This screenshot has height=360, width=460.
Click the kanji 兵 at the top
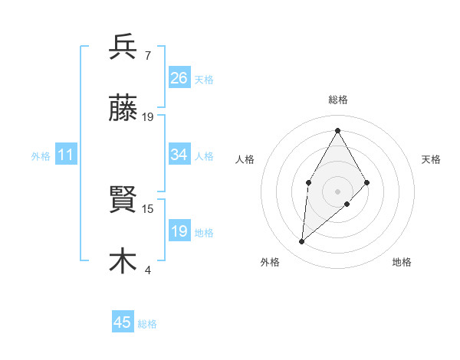click(x=123, y=47)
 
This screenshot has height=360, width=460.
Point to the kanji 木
click(x=123, y=260)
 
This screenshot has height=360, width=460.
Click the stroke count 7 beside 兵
click(x=147, y=56)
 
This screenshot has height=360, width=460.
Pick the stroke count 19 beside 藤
click(x=148, y=117)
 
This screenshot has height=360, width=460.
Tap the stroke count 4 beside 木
click(x=147, y=270)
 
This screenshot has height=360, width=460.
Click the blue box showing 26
click(x=179, y=78)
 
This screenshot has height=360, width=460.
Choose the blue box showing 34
click(x=179, y=155)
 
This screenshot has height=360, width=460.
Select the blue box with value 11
click(x=66, y=155)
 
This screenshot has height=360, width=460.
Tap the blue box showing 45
click(x=123, y=322)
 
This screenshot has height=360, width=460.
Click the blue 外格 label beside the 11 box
click(x=41, y=156)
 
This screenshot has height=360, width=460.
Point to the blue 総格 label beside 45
click(x=147, y=324)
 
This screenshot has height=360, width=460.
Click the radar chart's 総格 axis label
click(x=337, y=100)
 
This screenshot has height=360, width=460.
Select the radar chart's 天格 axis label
click(x=432, y=159)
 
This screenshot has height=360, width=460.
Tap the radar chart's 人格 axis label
click(x=245, y=159)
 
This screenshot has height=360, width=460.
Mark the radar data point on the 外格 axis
click(x=302, y=242)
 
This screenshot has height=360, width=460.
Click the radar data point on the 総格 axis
click(x=337, y=129)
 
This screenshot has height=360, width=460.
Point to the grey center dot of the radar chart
click(x=337, y=191)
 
